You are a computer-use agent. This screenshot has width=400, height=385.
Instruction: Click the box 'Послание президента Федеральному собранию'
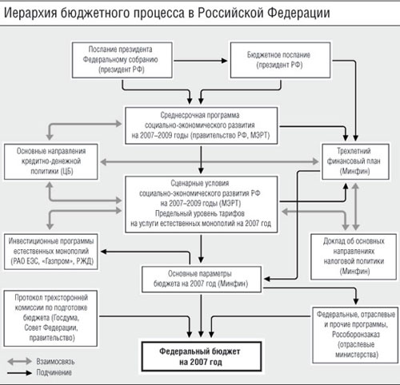pos(122,60)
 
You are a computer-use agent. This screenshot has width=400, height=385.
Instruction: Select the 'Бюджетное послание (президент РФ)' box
pos(280,60)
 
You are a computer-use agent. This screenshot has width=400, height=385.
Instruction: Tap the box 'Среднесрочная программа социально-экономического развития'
pos(202,125)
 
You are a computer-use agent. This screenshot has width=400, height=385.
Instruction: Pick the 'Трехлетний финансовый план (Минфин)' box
pos(355,161)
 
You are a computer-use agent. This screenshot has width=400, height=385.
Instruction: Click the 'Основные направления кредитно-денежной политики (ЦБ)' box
pos(51,161)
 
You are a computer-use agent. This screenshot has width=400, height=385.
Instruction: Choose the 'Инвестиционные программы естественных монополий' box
pos(51,252)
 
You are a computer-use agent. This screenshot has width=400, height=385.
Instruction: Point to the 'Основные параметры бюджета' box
pos(202,280)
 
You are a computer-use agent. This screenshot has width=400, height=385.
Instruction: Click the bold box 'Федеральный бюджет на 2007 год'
pos(202,357)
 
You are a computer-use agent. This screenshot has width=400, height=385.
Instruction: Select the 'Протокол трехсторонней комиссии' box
pos(50,318)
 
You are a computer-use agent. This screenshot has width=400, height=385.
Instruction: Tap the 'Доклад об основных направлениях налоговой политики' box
pos(354,256)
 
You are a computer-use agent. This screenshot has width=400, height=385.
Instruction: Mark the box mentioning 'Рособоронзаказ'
pos(355,335)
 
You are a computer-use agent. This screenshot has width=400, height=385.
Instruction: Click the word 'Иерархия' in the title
pos(30,13)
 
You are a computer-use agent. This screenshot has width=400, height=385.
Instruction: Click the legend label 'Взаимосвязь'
pos(55,362)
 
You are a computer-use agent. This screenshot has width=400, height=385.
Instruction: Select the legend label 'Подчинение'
pos(54,372)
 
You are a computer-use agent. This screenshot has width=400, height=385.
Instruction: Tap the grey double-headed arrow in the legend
pos(19,362)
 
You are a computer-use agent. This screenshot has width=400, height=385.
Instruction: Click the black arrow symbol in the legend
pos(19,373)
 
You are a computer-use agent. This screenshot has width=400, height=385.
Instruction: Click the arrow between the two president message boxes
pos(201,61)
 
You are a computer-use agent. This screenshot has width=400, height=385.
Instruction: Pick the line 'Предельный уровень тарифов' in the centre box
pos(200,213)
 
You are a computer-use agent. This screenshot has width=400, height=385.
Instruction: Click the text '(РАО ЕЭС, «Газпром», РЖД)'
pos(52,261)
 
